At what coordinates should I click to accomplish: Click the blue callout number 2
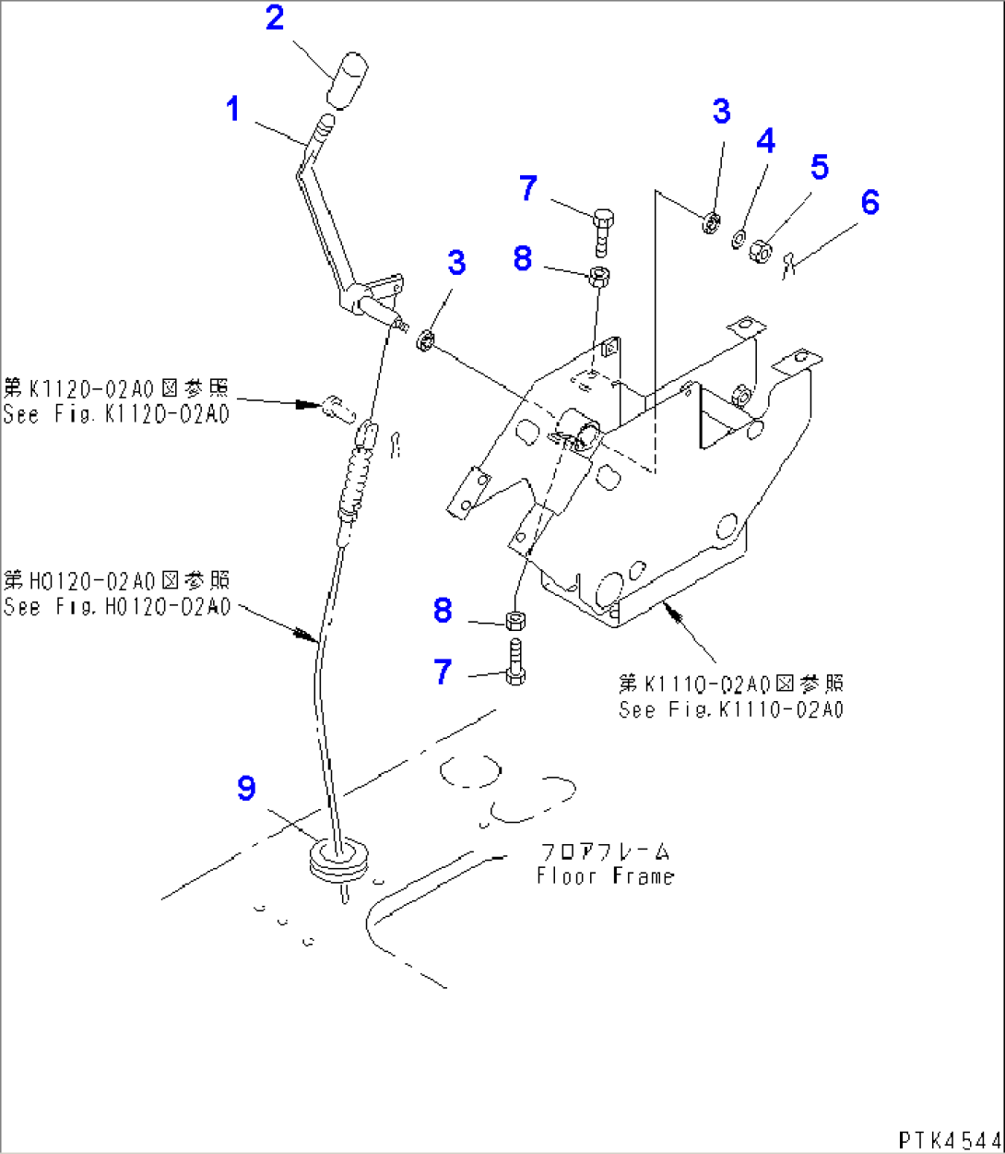coord(275,18)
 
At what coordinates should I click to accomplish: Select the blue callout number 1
coord(233,110)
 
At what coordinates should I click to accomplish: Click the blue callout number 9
coord(246,789)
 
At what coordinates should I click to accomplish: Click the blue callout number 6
coord(869,203)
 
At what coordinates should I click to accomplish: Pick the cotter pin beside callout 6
coord(786,265)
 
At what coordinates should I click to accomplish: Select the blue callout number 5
coord(819,168)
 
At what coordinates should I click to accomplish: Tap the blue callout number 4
coord(765,141)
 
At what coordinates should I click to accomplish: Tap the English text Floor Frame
coord(606,876)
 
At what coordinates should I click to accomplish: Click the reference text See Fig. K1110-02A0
coord(731,709)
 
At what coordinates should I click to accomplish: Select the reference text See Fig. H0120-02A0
coord(116,608)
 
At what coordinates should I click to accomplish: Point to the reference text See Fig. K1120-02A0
coord(116,414)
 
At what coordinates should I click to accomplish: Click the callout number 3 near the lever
coord(456,263)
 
